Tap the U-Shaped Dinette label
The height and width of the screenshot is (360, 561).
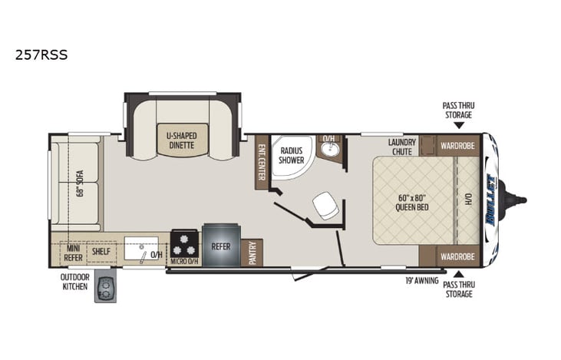pos(182,140)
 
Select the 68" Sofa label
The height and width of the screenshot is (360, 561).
pos(80,182)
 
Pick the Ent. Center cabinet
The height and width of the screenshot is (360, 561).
pos(262,162)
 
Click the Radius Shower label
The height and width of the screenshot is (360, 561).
pos(292,155)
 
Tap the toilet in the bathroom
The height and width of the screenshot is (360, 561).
pos(323,203)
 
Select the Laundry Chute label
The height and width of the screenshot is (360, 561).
pos(401,146)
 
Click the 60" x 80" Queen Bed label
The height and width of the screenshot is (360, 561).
pos(411,201)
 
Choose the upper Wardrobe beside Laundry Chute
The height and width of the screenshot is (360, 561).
pos(458,146)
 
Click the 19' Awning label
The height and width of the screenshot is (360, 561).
pos(423,280)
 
